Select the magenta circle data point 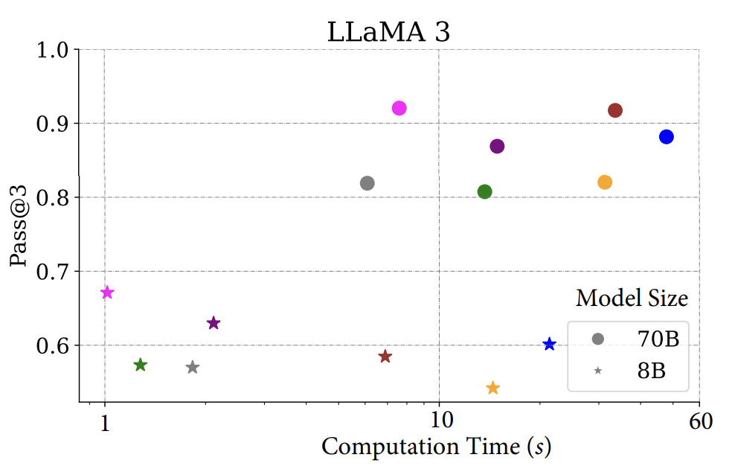399,109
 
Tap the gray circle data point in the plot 367,183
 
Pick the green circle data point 485,192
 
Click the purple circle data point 497,147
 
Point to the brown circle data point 615,111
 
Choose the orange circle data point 605,182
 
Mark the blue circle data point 667,137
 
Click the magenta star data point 107,293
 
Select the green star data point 141,365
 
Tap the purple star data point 214,323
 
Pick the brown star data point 385,357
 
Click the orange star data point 492,388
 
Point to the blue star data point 550,344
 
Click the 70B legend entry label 658,339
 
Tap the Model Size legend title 632,299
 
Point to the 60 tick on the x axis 700,422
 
